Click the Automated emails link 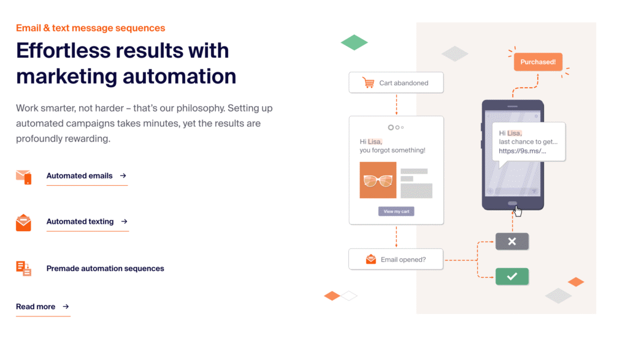point(86,176)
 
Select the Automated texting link point(87,221)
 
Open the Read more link point(43,307)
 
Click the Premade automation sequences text point(105,268)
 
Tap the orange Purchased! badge point(538,62)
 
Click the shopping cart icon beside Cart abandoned point(368,83)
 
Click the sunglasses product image point(378,180)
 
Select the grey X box point(512,242)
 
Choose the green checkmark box point(512,277)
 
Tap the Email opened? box point(396,259)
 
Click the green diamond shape point(354,42)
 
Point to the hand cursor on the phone point(518,210)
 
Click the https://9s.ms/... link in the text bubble point(523,151)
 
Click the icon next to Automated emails point(24,177)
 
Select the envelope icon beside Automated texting point(23,223)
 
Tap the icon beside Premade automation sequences point(24,268)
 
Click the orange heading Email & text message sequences point(91,28)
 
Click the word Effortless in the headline point(63,51)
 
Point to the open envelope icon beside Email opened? point(371,259)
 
